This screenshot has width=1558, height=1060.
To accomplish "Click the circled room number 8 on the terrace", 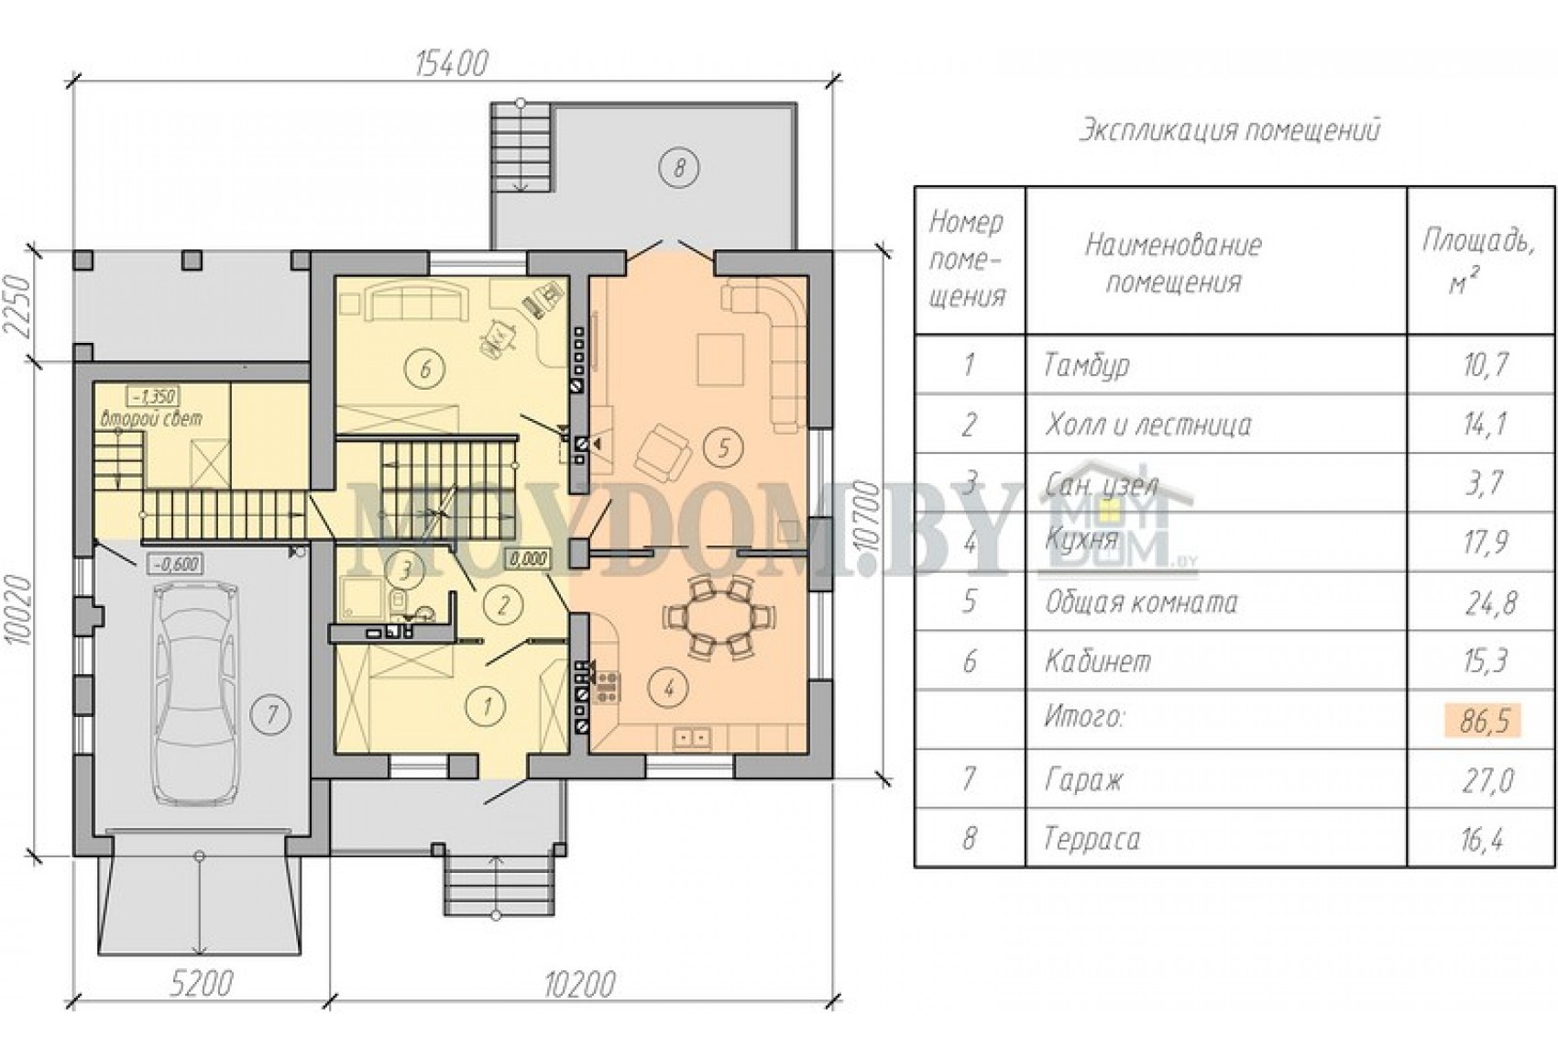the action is coord(679,168).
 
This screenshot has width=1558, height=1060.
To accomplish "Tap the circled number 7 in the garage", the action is coord(271,713).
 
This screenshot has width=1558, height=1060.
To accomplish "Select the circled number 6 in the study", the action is coord(426,368).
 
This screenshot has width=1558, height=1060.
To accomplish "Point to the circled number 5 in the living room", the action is coord(723,448).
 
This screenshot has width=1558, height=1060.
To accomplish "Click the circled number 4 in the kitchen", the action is coord(668,688).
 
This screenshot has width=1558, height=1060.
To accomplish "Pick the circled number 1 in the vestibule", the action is coord(486,706).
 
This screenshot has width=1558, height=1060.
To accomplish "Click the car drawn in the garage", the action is coord(196,695).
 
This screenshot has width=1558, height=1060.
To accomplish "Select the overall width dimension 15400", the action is coord(452,64).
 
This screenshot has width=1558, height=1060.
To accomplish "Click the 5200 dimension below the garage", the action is coord(203,984).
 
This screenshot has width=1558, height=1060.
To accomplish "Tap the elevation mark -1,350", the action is coord(152,397).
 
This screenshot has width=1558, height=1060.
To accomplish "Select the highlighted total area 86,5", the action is coord(1485,721).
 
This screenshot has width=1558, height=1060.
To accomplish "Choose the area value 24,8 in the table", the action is coord(1489,602).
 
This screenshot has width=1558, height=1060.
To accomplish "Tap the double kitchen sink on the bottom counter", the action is coord(692,735).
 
